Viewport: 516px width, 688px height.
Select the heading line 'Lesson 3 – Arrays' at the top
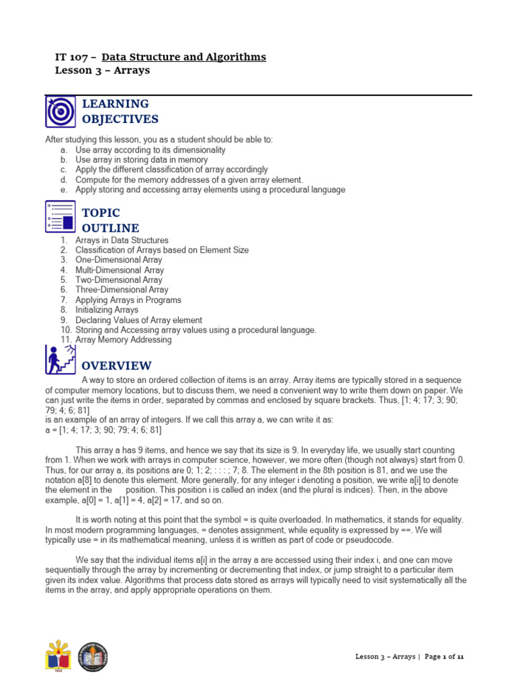point(101,71)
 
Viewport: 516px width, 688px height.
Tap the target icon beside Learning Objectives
point(60,112)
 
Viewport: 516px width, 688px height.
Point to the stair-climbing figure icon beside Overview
point(60,360)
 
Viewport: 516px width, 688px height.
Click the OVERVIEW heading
point(116,366)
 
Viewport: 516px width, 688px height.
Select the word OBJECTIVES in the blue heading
point(120,120)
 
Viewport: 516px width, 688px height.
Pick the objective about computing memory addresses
point(189,180)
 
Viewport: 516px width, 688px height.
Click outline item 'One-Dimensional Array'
point(118,260)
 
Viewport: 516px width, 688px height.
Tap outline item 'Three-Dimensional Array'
point(122,290)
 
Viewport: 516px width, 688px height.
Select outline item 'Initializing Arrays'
point(107,310)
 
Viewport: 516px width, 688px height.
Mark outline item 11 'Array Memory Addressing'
point(123,340)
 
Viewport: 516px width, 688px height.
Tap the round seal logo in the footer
point(92,656)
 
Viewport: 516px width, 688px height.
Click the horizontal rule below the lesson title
point(258,95)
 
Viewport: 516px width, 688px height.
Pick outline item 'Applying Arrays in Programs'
point(128,300)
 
